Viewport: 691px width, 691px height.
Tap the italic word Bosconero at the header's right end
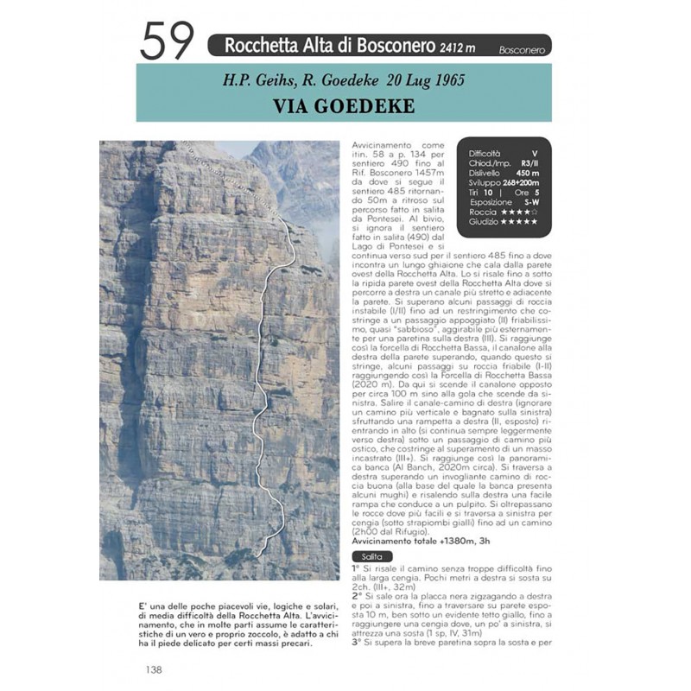tap(522, 50)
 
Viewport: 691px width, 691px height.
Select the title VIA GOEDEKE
tap(344, 106)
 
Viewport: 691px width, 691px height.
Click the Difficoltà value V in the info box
tap(535, 153)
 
